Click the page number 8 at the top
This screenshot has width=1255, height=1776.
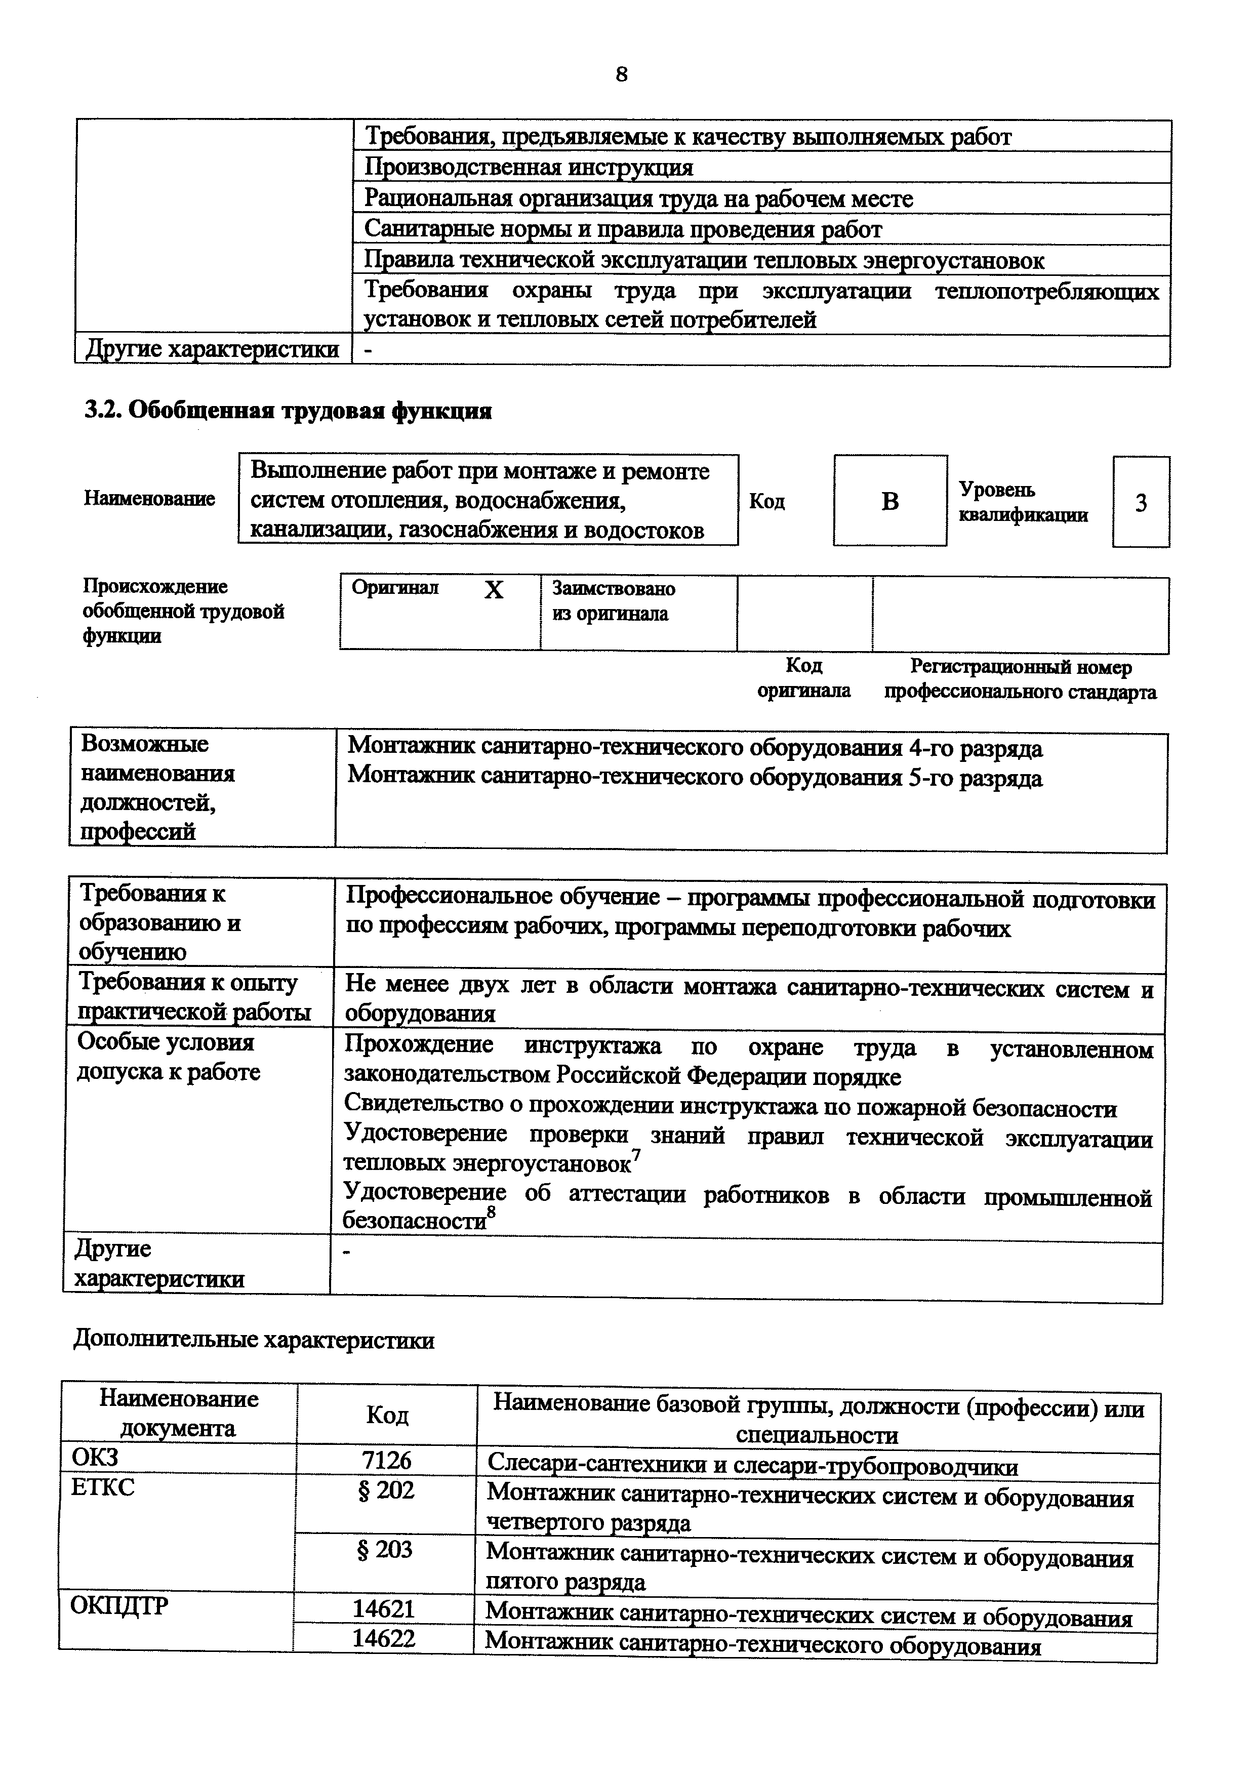coord(622,74)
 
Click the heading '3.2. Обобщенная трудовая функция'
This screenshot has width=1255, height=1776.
coord(288,411)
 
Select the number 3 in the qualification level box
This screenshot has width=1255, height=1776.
coord(1141,504)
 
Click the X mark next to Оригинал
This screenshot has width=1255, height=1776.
coord(493,591)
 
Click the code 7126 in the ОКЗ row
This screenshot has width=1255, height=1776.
coord(387,1461)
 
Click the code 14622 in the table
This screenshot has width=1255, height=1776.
coord(384,1638)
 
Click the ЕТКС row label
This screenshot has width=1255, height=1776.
coord(103,1487)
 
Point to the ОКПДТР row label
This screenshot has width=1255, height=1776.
coord(119,1606)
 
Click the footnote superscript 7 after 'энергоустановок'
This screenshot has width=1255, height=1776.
coord(636,1154)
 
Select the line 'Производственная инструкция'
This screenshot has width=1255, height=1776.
coord(529,167)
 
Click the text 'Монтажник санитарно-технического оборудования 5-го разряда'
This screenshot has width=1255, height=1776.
coord(695,778)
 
